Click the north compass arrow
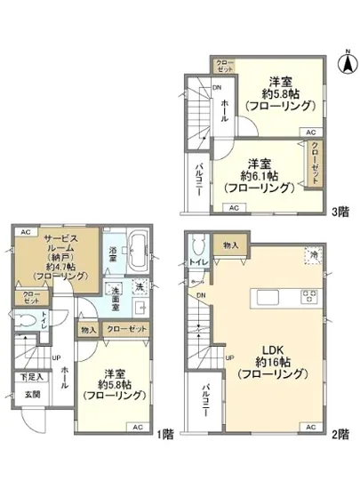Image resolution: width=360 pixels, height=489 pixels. click(x=348, y=64)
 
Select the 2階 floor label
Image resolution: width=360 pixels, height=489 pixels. click(x=340, y=435)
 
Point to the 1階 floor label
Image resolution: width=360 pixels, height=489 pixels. click(x=165, y=435)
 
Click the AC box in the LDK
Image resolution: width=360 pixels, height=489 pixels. click(x=309, y=429)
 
